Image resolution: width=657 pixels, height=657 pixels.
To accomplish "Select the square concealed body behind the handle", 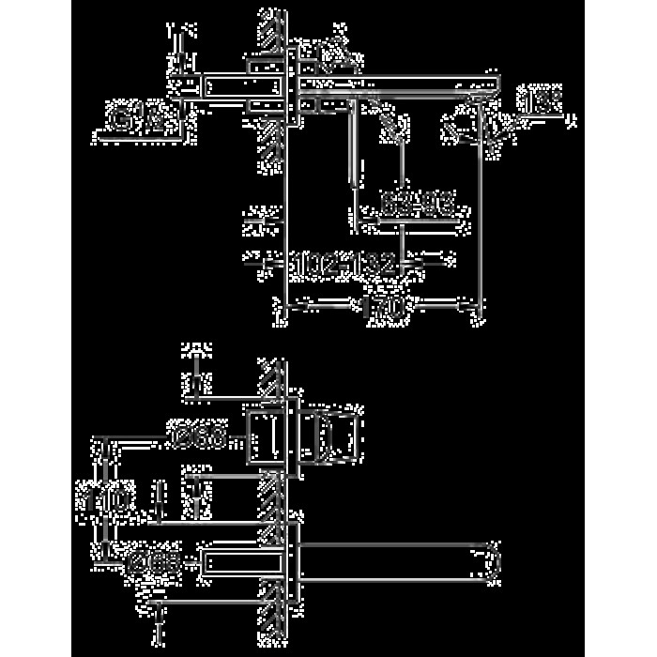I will (x=267, y=436).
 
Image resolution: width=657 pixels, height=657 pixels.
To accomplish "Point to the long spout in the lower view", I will (x=394, y=563).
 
